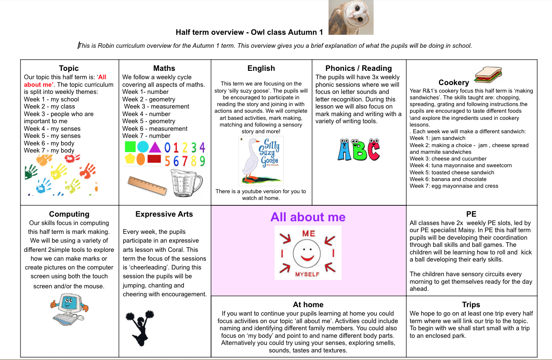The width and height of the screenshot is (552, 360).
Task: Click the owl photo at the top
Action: pos(351,17)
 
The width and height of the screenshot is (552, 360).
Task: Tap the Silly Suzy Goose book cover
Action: pos(261,161)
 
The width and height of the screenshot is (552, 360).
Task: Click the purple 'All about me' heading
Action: pos(308,217)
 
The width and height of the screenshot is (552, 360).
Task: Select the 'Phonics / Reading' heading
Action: pos(359,68)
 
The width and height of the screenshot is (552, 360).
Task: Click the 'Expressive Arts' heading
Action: pos(164,214)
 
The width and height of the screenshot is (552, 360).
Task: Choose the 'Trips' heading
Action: pos(471,305)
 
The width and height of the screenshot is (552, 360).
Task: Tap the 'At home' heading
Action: pos(308,305)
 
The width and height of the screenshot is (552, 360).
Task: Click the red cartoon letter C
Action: pos(371,150)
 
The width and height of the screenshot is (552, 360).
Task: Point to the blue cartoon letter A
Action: pos(345,150)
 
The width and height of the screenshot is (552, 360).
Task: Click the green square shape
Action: pos(130,147)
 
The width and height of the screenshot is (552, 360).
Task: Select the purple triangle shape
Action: pos(155,147)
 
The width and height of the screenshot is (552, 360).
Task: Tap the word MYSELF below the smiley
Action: pos(307,274)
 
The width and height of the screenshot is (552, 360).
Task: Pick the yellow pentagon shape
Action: pos(130,159)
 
